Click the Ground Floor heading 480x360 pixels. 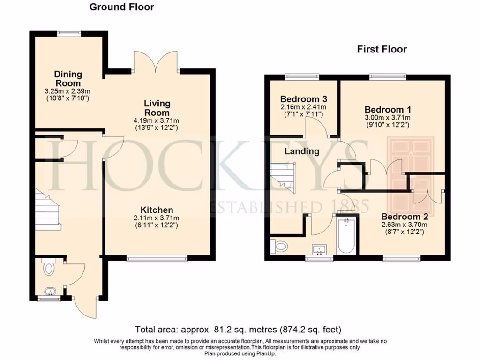click(x=121, y=7)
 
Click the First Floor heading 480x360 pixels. click(x=382, y=49)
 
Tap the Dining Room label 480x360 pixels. click(x=67, y=79)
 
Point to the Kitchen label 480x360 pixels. click(x=157, y=210)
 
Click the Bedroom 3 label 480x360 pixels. click(x=304, y=99)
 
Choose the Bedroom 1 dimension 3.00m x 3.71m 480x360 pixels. click(x=388, y=118)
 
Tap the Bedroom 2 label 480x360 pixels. click(x=405, y=217)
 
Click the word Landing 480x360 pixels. click(x=302, y=151)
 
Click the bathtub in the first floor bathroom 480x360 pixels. click(x=346, y=235)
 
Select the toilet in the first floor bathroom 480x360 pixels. click(x=279, y=246)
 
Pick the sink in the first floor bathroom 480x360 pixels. click(x=319, y=249)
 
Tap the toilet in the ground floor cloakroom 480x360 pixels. click(x=48, y=267)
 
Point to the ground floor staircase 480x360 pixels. click(x=48, y=209)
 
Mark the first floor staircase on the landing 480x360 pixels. click(x=283, y=178)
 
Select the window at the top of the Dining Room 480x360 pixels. click(x=69, y=33)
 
